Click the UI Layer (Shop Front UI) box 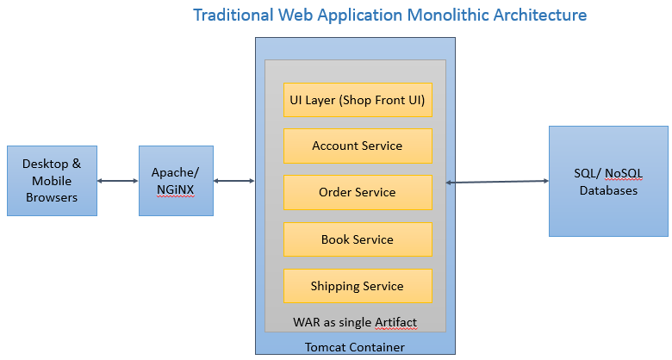(x=357, y=99)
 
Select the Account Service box (x=357, y=146)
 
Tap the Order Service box (x=357, y=192)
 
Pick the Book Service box (x=357, y=239)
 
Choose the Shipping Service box (x=357, y=286)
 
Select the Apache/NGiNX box (x=176, y=181)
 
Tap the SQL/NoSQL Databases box (x=608, y=181)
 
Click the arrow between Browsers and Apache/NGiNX (x=118, y=181)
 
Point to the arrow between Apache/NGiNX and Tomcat (x=234, y=181)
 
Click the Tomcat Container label (x=355, y=347)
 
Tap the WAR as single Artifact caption (x=355, y=322)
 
